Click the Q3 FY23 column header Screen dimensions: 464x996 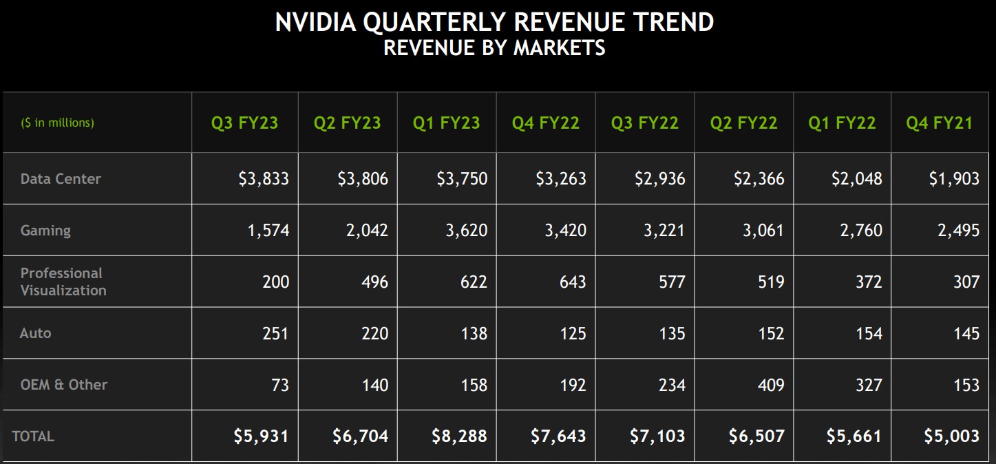point(244,123)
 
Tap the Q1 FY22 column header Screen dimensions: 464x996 point(842,123)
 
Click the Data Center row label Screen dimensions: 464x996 point(61,179)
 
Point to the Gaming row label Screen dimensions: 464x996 point(45,231)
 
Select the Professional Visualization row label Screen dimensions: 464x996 point(63,282)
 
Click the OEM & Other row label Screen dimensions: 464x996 point(63,385)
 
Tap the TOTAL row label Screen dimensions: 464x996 point(33,436)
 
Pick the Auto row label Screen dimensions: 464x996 point(35,333)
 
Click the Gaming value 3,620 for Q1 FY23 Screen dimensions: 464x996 point(466,231)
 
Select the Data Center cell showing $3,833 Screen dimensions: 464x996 point(264,179)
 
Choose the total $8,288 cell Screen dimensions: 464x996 point(459,436)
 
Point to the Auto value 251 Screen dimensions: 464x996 point(275,333)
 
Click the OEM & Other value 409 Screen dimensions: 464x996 point(770,385)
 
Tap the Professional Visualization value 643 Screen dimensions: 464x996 point(573,282)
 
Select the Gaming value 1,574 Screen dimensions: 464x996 point(268,231)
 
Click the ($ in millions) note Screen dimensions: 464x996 point(57,123)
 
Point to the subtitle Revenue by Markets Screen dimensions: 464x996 point(494,48)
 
